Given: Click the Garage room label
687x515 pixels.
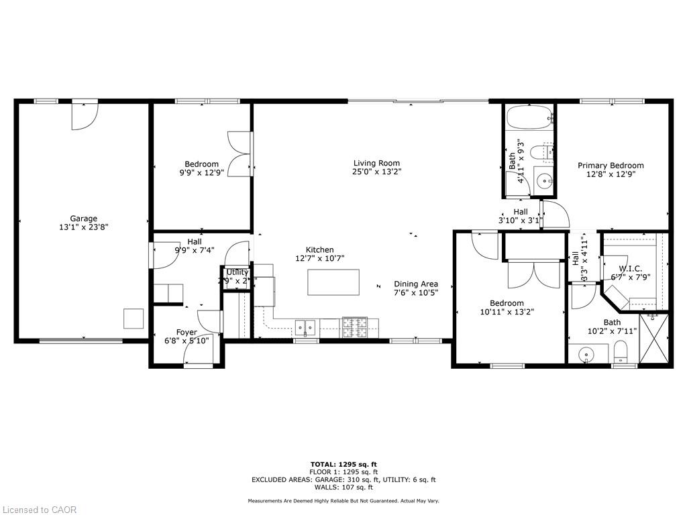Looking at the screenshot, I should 84,218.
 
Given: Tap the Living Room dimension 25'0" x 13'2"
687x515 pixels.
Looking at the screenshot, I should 376,172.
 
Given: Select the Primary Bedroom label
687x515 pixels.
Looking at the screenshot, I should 611,166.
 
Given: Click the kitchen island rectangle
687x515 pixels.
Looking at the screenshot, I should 333,282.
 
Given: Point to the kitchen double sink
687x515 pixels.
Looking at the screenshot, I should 307,328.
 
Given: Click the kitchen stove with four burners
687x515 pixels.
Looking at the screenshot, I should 355,327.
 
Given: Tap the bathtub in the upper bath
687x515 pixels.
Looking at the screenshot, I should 529,119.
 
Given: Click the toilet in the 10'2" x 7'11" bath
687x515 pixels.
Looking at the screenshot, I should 620,351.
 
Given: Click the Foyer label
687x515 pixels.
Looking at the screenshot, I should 187,332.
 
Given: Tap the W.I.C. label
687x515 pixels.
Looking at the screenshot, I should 629,268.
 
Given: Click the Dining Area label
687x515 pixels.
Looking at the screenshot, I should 416,284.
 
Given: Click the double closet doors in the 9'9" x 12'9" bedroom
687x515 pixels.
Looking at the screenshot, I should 240,152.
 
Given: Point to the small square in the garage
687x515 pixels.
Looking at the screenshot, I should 133,319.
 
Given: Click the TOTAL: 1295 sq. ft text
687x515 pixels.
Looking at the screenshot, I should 343,464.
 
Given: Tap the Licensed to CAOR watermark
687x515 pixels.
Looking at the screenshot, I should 39,510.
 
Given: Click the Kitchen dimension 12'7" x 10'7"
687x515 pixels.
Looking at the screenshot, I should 319,258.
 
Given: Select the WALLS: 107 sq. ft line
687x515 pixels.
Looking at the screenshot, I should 343,488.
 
